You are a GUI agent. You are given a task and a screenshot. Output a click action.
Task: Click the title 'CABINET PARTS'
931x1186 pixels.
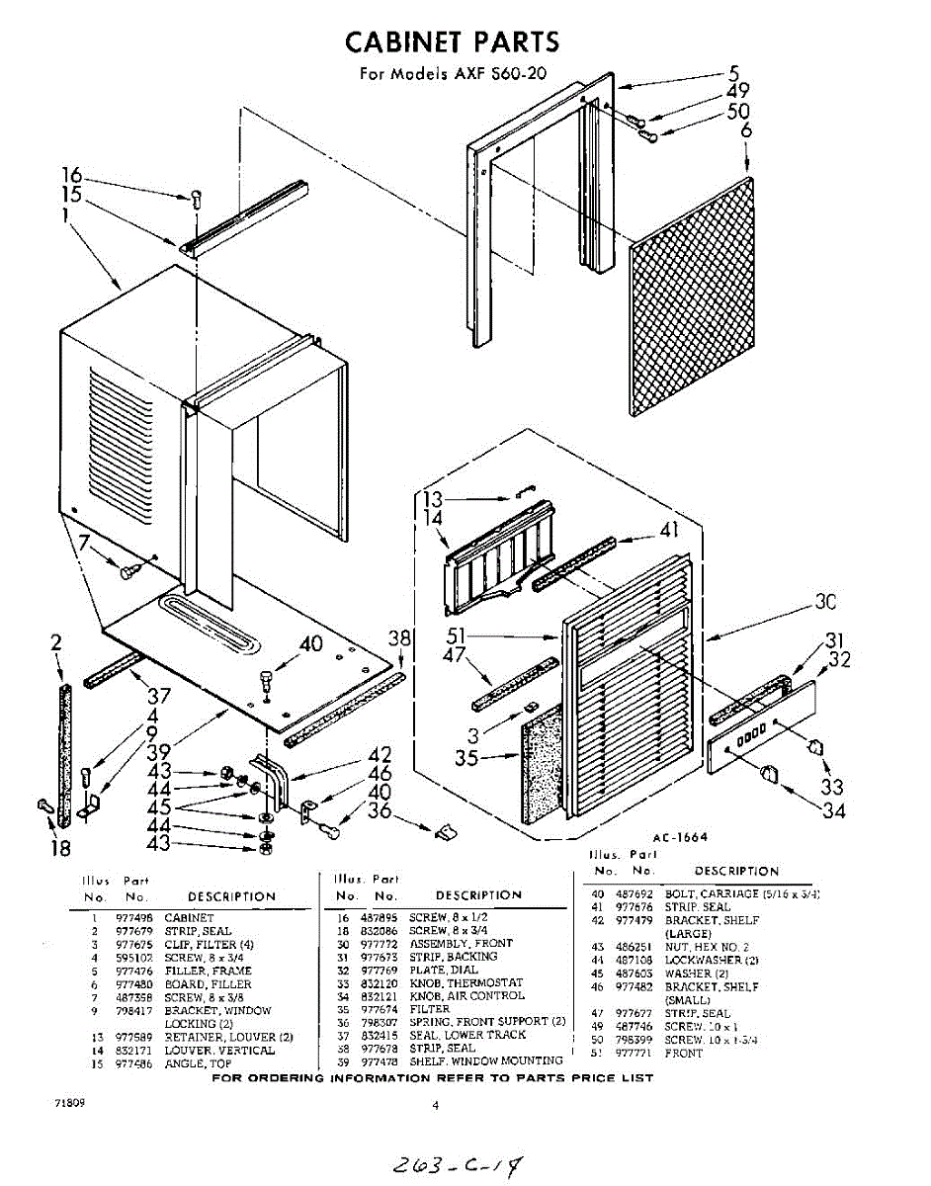(452, 42)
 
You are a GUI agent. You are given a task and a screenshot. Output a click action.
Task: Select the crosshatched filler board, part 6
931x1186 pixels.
(691, 296)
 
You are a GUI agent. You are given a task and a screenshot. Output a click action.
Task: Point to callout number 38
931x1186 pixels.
(398, 639)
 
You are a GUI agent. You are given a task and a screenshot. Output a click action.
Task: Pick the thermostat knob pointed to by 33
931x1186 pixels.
(814, 744)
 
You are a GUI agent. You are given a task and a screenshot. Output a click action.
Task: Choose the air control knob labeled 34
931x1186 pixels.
(775, 777)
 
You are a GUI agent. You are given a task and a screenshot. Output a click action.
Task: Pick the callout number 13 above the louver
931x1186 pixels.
(433, 500)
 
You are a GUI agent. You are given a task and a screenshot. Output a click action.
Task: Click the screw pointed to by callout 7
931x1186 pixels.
(127, 570)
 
